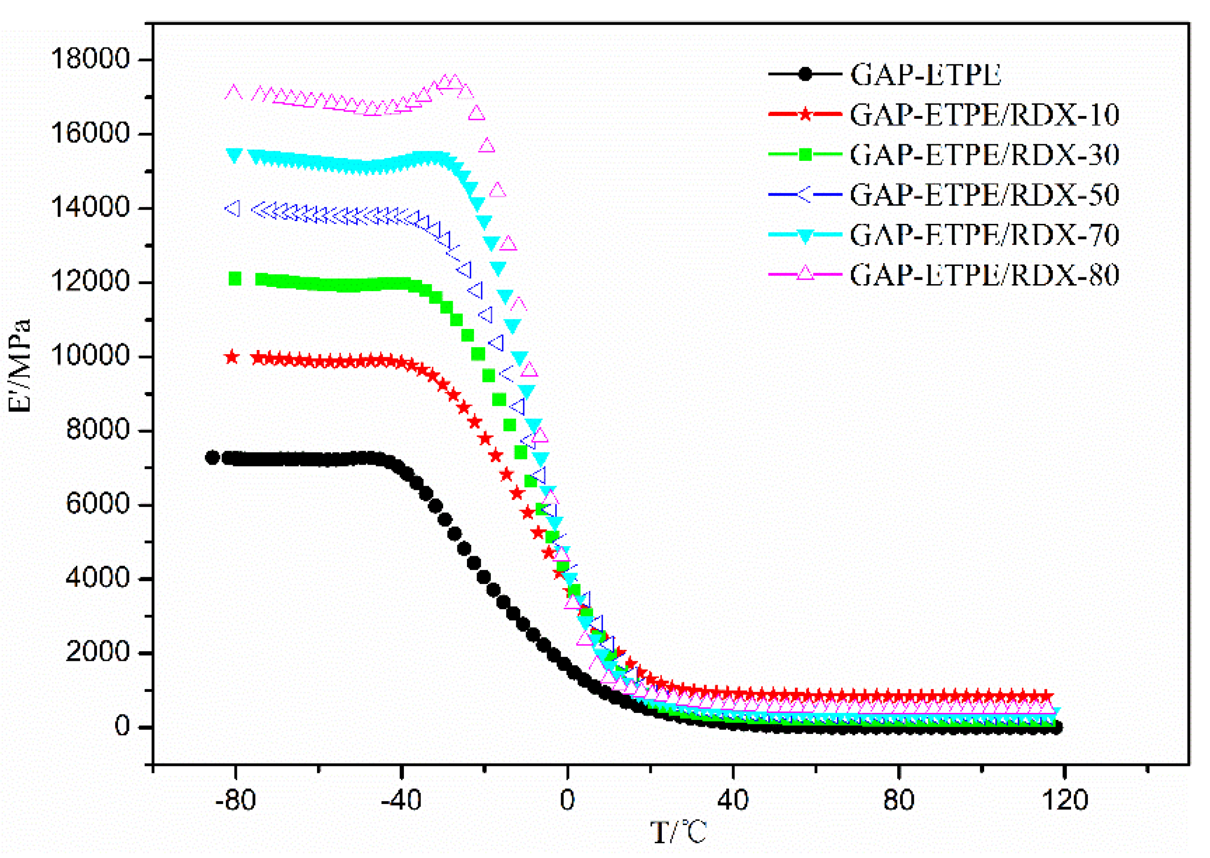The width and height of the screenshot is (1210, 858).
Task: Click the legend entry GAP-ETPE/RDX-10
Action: coord(984,115)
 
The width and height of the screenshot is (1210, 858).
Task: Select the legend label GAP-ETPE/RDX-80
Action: coord(984,275)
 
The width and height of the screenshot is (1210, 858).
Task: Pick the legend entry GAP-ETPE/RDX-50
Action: coord(984,195)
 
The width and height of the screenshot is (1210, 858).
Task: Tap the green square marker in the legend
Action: coord(805,154)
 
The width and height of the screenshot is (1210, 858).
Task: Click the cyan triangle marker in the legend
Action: coord(805,235)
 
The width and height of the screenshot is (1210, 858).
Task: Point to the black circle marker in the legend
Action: coord(805,74)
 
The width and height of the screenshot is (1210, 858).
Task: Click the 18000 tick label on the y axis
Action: coord(90,59)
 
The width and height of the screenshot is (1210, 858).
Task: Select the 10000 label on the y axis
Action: coord(90,356)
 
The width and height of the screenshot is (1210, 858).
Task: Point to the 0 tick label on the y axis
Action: coord(123,727)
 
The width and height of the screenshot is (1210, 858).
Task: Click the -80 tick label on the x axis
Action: coord(235,800)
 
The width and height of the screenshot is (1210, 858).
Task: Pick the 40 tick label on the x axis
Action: coord(733,800)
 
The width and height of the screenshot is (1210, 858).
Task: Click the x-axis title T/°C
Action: coord(678,833)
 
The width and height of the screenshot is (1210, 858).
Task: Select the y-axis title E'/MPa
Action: coord(20,366)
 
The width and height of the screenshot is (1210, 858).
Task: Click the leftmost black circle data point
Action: coord(212,457)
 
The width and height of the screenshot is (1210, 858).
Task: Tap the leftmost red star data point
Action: coord(232,357)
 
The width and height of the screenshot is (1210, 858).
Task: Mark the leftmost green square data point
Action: coord(235,278)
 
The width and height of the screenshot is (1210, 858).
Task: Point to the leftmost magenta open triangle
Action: coord(234,93)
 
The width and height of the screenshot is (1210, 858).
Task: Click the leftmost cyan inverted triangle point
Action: coord(234,155)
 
